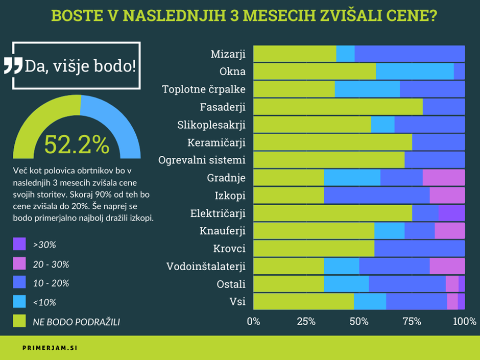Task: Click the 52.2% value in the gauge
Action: coord(77,145)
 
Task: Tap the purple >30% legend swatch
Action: coord(19,245)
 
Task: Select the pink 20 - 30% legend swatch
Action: coord(19,264)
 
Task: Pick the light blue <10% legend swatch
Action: coord(19,302)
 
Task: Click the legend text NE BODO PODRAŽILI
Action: coord(77,321)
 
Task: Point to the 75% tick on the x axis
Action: coord(412,321)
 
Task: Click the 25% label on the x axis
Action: coord(306,321)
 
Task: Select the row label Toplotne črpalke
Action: coord(204,89)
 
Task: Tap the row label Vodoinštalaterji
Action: coord(206,266)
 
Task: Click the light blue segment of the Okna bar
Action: coord(415,71)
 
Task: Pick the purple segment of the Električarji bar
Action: coord(451,213)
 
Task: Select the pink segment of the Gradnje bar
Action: coord(443,177)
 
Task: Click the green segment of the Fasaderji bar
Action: coord(338,107)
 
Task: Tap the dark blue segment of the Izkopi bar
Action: coord(376,195)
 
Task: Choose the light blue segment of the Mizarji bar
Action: coord(345,53)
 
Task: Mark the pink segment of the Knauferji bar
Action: coord(449,231)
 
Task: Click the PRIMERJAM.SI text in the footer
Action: coord(50,348)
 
